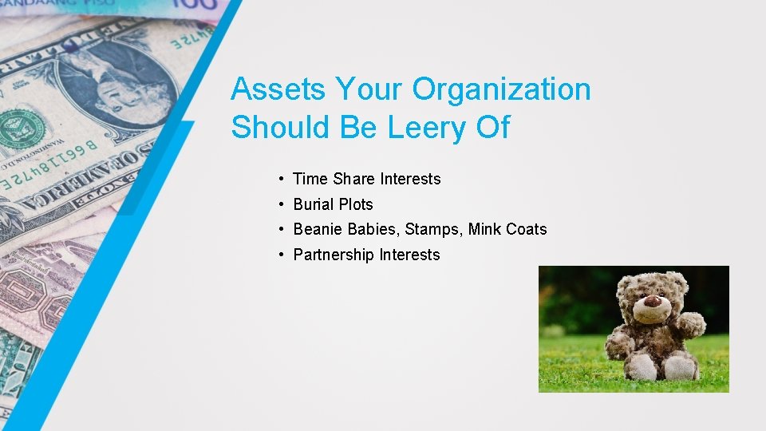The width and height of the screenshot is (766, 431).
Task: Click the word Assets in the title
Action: pyautogui.click(x=278, y=89)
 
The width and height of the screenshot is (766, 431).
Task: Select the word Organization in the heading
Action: pyautogui.click(x=501, y=89)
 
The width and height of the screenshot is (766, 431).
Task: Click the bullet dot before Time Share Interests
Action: pyautogui.click(x=283, y=180)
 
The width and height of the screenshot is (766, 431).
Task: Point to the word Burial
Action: pyautogui.click(x=314, y=204)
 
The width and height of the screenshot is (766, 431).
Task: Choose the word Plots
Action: pyautogui.click(x=355, y=204)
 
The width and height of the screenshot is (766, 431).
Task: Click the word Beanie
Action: pyautogui.click(x=317, y=230)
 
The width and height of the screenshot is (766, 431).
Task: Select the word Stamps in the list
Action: pyautogui.click(x=433, y=230)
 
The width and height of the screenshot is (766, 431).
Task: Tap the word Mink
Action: pyautogui.click(x=484, y=230)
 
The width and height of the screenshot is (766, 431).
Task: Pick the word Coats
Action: pyautogui.click(x=527, y=230)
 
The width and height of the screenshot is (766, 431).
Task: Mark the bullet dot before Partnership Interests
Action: pyautogui.click(x=283, y=255)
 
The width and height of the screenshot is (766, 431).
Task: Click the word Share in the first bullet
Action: pyautogui.click(x=348, y=180)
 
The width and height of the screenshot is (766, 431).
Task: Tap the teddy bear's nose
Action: pyautogui.click(x=652, y=302)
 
